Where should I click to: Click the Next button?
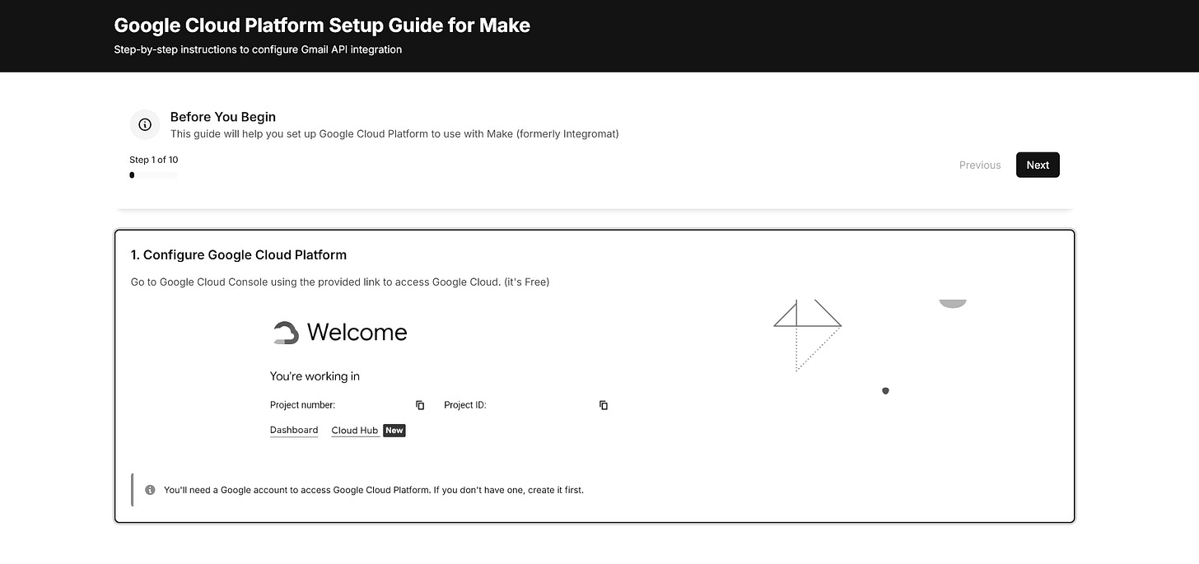pyautogui.click(x=1038, y=165)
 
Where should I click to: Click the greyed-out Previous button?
pyautogui.click(x=980, y=165)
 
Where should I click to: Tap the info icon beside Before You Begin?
pyautogui.click(x=145, y=124)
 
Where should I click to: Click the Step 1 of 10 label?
pyautogui.click(x=154, y=160)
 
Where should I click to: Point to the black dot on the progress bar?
pyautogui.click(x=132, y=175)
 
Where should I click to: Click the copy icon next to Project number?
pyautogui.click(x=420, y=405)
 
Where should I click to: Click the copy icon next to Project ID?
pyautogui.click(x=604, y=405)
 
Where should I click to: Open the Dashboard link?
pyautogui.click(x=294, y=431)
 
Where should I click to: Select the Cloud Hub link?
pyautogui.click(x=355, y=431)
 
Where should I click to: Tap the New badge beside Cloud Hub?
pyautogui.click(x=394, y=431)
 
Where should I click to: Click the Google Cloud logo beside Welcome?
pyautogui.click(x=285, y=333)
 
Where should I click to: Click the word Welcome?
pyautogui.click(x=357, y=333)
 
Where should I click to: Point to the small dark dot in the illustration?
pyautogui.click(x=885, y=390)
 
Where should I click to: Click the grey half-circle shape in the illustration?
pyautogui.click(x=953, y=303)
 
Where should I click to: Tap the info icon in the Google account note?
pyautogui.click(x=150, y=490)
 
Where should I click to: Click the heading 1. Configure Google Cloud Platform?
pyautogui.click(x=239, y=254)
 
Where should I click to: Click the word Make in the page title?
pyautogui.click(x=504, y=26)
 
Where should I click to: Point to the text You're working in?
pyautogui.click(x=315, y=376)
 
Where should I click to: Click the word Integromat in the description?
pyautogui.click(x=588, y=133)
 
